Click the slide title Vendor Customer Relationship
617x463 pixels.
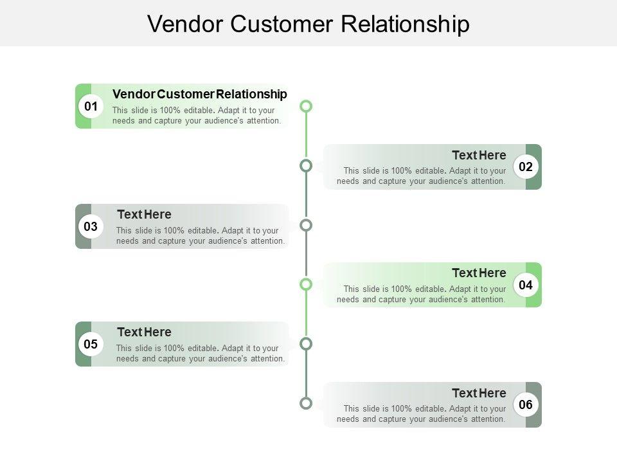(308, 24)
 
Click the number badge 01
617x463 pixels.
(91, 106)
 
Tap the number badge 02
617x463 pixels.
(526, 167)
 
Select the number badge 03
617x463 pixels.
(91, 226)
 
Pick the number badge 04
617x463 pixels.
(526, 285)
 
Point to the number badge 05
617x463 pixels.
(91, 344)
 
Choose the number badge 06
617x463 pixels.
(526, 404)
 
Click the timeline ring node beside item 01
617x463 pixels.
(306, 105)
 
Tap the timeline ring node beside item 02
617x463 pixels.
(306, 166)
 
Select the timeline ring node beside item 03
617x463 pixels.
(306, 225)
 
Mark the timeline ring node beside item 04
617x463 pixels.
(306, 284)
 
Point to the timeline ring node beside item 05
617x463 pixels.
(306, 343)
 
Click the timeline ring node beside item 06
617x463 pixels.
(306, 404)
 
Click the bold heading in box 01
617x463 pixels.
(199, 95)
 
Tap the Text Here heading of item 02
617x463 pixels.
(479, 155)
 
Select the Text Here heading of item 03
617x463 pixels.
(144, 214)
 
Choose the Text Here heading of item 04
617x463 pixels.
(479, 273)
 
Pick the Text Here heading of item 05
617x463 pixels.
(144, 332)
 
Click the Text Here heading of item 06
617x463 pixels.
(479, 393)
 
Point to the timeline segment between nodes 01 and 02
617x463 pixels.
(306, 136)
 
